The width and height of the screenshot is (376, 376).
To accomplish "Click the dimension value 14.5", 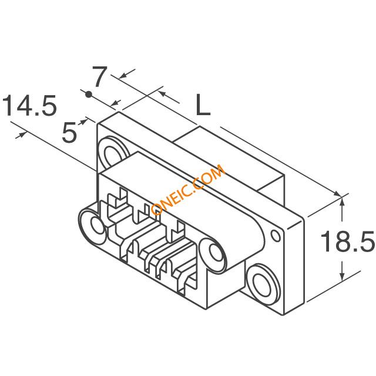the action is pyautogui.click(x=29, y=105).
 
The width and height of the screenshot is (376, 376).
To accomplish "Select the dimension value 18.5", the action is pyautogui.click(x=347, y=241).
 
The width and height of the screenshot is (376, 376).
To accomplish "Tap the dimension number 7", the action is pyautogui.click(x=99, y=76).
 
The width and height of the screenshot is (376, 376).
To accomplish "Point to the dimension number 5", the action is pyautogui.click(x=69, y=132).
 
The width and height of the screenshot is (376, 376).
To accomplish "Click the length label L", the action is pyautogui.click(x=203, y=105).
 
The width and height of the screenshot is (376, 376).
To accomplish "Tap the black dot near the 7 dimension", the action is pyautogui.click(x=89, y=94).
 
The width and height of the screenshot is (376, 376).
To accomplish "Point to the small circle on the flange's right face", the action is pyautogui.click(x=276, y=236).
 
